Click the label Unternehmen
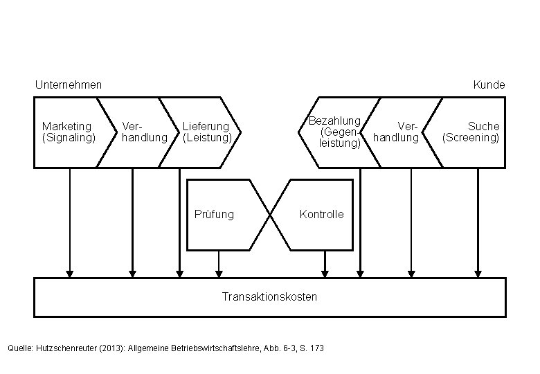(68, 84)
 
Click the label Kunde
(489, 84)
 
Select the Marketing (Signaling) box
(66, 132)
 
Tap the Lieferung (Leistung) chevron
(206, 132)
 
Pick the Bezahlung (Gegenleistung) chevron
(336, 132)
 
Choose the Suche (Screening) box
(472, 132)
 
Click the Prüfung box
(215, 214)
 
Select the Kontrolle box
(321, 214)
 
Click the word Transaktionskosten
(269, 296)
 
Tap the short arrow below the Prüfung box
(219, 264)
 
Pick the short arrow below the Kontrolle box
(325, 264)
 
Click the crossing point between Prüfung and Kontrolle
(269, 215)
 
